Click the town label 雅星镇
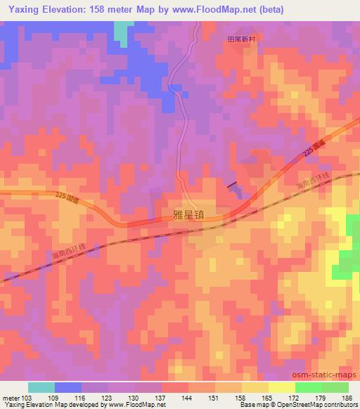189,218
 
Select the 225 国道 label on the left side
68,199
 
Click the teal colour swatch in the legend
41,387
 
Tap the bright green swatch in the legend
308,387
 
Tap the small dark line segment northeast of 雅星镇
231,186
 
